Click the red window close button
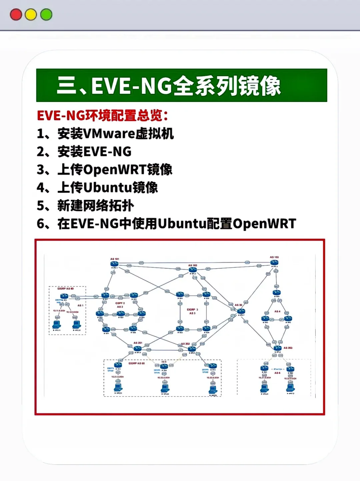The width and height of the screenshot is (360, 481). tap(16, 15)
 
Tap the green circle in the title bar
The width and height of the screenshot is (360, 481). tap(46, 15)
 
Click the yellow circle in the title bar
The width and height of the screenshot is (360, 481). tap(31, 15)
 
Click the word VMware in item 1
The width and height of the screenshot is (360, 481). tap(109, 134)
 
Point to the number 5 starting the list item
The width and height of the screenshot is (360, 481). tap(40, 206)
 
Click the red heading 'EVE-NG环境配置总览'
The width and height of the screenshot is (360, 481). tap(102, 116)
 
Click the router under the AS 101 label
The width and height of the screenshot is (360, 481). tap(114, 264)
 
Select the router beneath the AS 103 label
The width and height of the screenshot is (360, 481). tap(274, 263)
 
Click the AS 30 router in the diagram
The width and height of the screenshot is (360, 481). tap(241, 311)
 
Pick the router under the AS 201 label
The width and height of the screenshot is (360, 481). tap(138, 348)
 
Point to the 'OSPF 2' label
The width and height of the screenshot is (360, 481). tap(120, 303)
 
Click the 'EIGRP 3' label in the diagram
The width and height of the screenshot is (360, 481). tap(192, 310)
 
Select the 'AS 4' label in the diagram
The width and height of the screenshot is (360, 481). tap(277, 311)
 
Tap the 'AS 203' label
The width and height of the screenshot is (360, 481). tap(288, 348)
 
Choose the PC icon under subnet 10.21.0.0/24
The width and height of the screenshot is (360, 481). tap(118, 387)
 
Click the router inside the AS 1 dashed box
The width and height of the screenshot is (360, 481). tap(64, 296)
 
